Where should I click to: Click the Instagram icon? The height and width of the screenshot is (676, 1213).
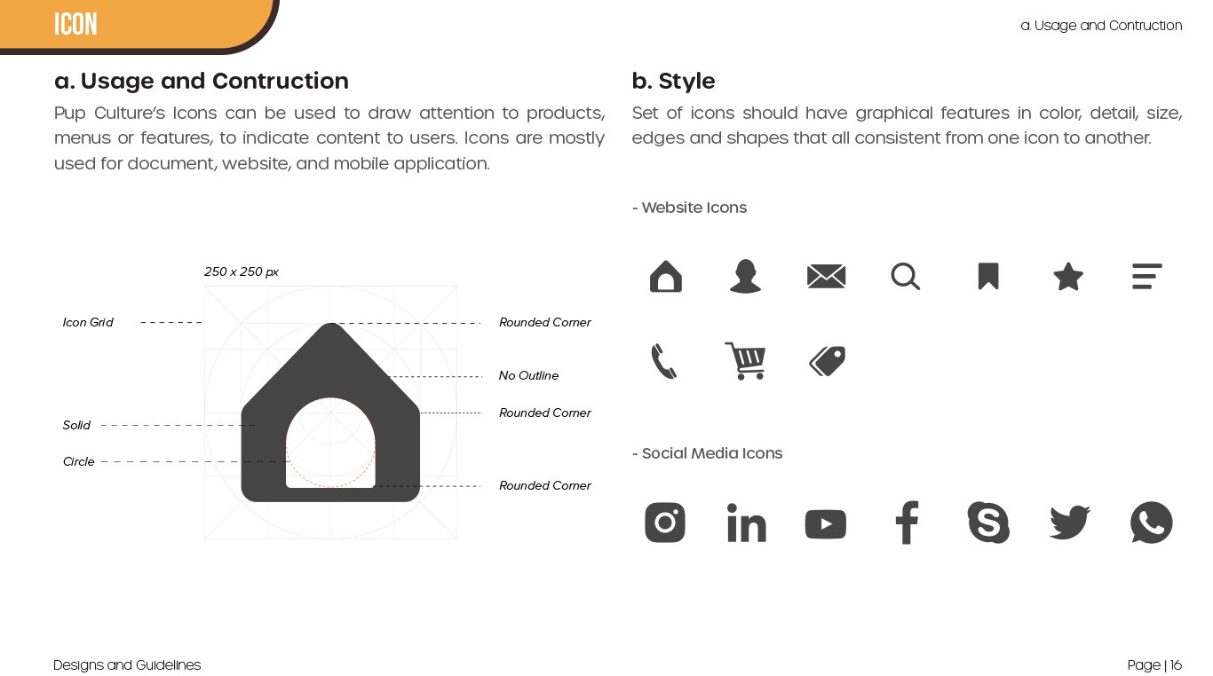click(x=665, y=523)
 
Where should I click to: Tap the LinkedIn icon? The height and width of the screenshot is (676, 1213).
click(x=746, y=523)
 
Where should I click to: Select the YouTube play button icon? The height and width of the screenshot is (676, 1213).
click(x=826, y=524)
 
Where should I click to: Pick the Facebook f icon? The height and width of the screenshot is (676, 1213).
click(x=907, y=523)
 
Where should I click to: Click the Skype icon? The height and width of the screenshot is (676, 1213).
click(x=988, y=523)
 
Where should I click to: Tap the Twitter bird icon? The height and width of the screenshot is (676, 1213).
click(x=1069, y=523)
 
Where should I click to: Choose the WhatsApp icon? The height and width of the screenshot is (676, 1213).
click(x=1151, y=523)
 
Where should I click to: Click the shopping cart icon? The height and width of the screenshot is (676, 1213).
click(x=746, y=361)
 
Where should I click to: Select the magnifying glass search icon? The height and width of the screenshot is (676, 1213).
click(x=906, y=277)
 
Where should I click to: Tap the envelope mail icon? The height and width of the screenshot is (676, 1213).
click(x=827, y=277)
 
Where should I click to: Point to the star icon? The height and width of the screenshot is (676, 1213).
click(x=1068, y=277)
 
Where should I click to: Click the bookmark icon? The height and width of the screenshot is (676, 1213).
click(x=988, y=277)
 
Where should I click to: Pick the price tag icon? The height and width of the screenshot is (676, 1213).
click(x=828, y=361)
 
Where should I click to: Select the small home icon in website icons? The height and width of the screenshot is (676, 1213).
click(x=665, y=277)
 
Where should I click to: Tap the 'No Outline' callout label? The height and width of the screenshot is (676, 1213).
click(x=528, y=375)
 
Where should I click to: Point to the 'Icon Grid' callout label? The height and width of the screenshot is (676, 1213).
click(x=88, y=322)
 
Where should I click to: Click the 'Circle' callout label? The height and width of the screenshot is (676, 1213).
click(x=78, y=461)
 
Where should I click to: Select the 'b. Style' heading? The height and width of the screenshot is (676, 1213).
click(x=673, y=81)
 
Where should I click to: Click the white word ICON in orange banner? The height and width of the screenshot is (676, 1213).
click(x=75, y=24)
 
